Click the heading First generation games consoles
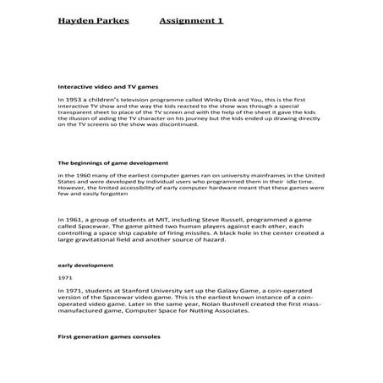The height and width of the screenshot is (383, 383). pos(108,336)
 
